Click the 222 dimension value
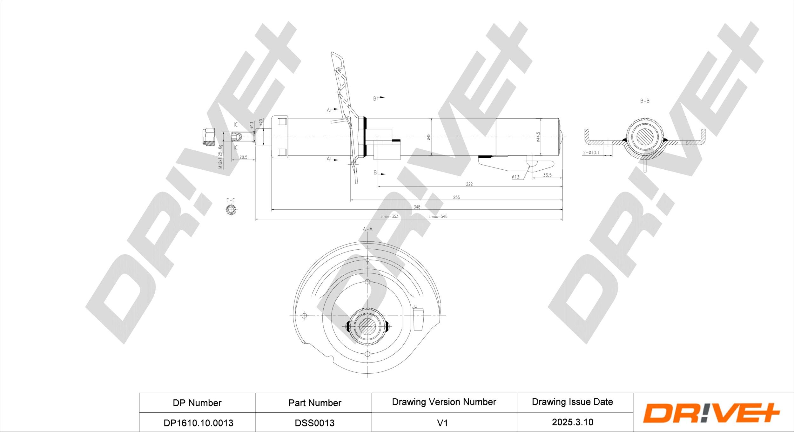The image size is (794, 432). click(469, 184)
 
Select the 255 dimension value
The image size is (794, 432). click(456, 197)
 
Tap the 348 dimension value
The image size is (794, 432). click(417, 207)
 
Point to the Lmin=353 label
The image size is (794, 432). click(389, 216)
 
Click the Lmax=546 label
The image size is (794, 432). click(438, 216)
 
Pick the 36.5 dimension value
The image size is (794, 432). click(547, 175)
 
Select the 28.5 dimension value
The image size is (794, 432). click(243, 157)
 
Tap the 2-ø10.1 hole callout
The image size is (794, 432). click(591, 153)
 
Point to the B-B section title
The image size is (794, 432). click(644, 101)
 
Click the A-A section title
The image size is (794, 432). click(367, 229)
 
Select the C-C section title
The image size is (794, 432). click(231, 200)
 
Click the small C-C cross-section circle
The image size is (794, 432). click(231, 210)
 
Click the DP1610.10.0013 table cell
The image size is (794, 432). click(198, 423)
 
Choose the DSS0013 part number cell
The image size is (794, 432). click(314, 423)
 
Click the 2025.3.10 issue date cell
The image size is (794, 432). click(572, 422)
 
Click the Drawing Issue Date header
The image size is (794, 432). click(572, 402)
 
